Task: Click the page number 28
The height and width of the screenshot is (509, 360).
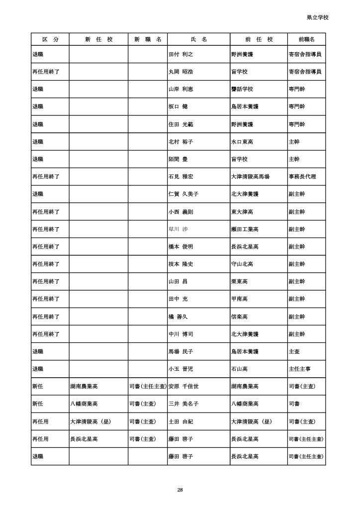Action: pyautogui.click(x=180, y=490)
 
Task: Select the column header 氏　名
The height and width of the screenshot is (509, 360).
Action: pyautogui.click(x=199, y=39)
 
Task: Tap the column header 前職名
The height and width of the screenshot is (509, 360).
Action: pyautogui.click(x=306, y=39)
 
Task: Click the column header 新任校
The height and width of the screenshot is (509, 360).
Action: pyautogui.click(x=98, y=39)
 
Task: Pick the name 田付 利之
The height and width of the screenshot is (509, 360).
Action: pyautogui.click(x=180, y=54)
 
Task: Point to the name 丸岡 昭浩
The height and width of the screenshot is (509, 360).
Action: pyautogui.click(x=181, y=72)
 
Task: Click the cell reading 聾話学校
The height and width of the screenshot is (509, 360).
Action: pyautogui.click(x=242, y=89)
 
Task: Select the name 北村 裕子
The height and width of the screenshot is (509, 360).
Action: pyautogui.click(x=181, y=142)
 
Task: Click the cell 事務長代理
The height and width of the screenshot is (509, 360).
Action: pyautogui.click(x=302, y=176)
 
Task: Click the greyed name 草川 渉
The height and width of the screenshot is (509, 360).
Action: pyautogui.click(x=179, y=229)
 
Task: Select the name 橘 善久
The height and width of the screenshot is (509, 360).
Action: pyautogui.click(x=179, y=317)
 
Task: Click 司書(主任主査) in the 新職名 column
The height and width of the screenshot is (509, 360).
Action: pyautogui.click(x=148, y=386)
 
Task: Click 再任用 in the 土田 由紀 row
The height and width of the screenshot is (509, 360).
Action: pyautogui.click(x=40, y=422)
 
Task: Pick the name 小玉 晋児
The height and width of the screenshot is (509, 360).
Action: pyautogui.click(x=181, y=369)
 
